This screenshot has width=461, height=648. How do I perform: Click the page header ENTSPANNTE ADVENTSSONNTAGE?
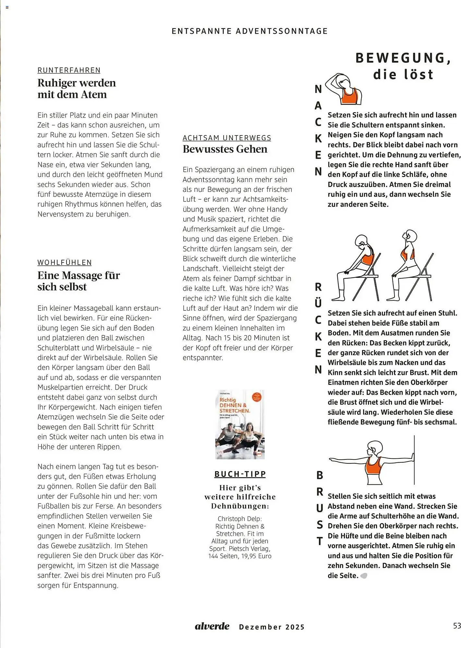coord(249,31)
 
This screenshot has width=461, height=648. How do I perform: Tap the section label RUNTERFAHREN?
coord(69,70)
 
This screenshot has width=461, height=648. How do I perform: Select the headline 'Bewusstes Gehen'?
coord(225,149)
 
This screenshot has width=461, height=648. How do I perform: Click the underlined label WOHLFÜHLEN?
coord(65,262)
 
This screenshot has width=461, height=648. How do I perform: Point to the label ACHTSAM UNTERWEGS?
coord(227,138)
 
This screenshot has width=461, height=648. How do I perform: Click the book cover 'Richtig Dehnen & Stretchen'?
coord(240,424)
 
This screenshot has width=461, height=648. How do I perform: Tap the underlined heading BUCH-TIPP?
coord(240,474)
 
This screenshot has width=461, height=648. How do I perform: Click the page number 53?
coord(457,626)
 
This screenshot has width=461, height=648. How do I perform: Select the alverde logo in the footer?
coord(212,626)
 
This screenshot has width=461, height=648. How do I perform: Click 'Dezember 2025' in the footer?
coord(272,627)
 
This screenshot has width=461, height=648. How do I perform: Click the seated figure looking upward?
coord(408,266)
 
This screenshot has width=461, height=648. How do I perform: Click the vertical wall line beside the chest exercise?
coord(414,460)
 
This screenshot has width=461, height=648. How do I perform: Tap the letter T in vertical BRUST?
coord(320,541)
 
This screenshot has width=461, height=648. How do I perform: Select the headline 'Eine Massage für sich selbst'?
coord(79,281)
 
